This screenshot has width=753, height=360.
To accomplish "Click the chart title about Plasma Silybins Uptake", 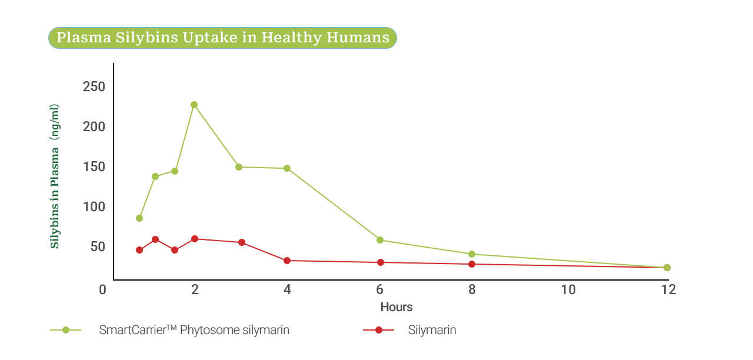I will [x=222, y=38].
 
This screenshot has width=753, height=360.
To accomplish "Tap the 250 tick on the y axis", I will [x=94, y=87].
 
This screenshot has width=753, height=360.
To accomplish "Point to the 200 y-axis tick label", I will [x=94, y=126].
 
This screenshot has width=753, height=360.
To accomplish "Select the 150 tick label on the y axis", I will [x=94, y=166].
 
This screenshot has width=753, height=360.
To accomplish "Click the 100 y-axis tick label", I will [x=94, y=206].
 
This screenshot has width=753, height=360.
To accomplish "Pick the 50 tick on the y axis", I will [x=98, y=246].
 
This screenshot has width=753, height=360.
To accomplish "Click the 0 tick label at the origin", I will [x=102, y=289].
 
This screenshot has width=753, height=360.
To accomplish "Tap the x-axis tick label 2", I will [x=195, y=289].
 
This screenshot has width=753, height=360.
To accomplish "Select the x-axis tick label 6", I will [x=380, y=289].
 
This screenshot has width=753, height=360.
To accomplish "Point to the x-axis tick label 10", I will [x=568, y=289].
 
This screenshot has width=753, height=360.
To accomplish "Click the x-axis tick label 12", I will [x=668, y=289].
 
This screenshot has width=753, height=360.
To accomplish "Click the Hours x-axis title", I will [x=397, y=307].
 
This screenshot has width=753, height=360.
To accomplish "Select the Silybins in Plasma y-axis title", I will [x=55, y=176].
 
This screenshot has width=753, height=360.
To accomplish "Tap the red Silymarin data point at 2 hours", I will [x=195, y=239].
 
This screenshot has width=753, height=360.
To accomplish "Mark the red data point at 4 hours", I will [x=287, y=261].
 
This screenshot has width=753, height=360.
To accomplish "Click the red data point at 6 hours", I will [x=381, y=262].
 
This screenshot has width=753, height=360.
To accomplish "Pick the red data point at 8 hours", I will [x=472, y=264].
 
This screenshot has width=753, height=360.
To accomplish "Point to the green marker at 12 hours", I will [x=667, y=268].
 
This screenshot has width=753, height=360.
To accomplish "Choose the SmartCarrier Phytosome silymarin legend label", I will [x=194, y=330].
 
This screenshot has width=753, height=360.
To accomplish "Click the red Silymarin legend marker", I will [x=379, y=330].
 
